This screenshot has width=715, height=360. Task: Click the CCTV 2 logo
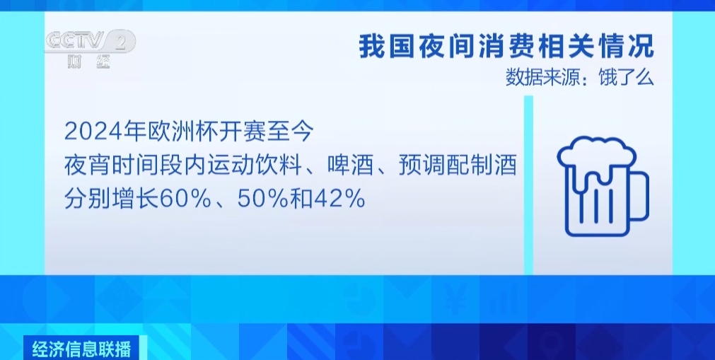click(90, 42)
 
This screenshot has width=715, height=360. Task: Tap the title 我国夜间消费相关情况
click(506, 47)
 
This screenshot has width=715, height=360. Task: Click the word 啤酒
click(348, 166)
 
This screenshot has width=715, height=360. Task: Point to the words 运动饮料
click(256, 166)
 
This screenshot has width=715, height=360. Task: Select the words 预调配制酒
click(458, 166)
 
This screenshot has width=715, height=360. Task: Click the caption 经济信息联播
click(82, 349)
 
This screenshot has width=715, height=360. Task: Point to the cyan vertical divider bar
click(528, 185)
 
